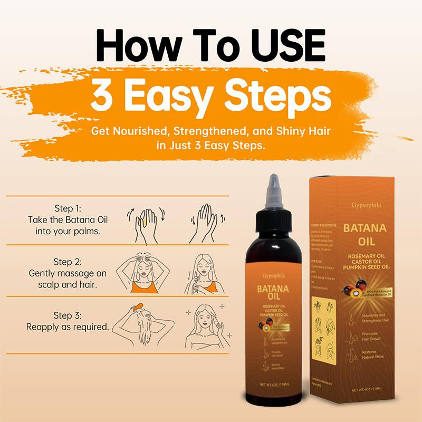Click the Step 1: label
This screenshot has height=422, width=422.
[x=68, y=207]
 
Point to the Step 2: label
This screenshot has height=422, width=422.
[x=68, y=262]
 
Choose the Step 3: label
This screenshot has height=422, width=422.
[x=68, y=315]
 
